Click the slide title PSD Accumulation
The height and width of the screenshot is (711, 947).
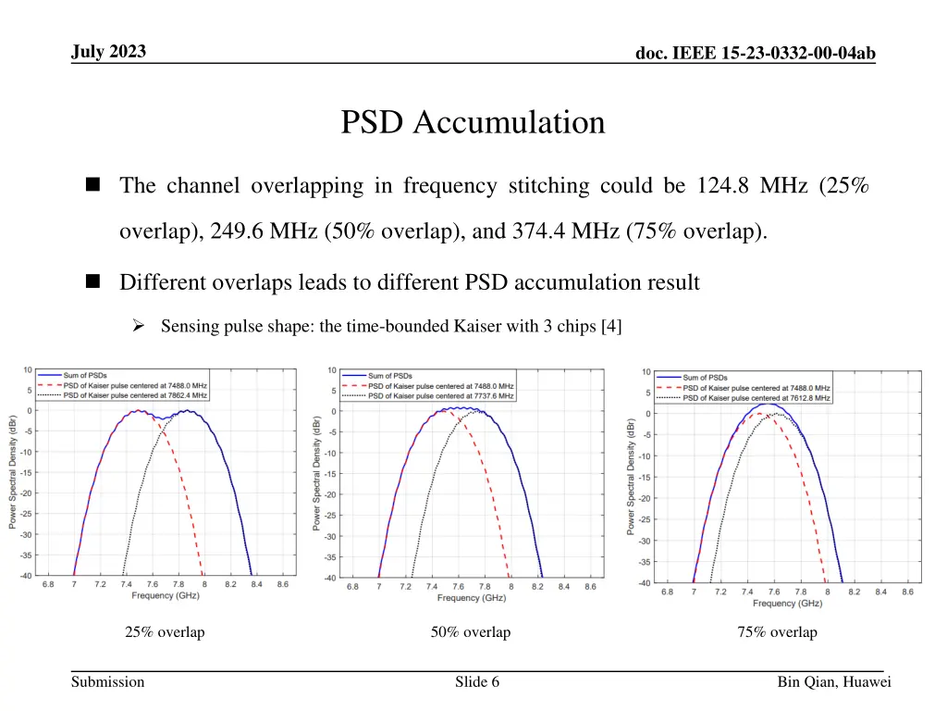pos(473,122)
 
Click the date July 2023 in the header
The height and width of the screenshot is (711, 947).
pos(108,52)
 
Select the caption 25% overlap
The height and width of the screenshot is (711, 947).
pos(165,632)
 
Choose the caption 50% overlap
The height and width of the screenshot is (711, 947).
pos(470,632)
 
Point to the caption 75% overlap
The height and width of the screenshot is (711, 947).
pos(777,632)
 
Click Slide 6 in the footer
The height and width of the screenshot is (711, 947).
pos(477,682)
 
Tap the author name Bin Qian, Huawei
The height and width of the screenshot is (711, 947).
pos(833,682)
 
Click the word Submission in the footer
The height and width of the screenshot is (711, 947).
pos(108,682)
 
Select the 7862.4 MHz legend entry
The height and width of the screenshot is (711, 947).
pos(135,395)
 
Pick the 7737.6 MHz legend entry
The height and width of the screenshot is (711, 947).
pos(440,396)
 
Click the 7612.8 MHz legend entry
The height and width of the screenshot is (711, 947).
pos(756,398)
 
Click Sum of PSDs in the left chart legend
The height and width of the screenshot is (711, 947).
pos(86,375)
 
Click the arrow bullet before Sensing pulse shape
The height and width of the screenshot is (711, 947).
pos(138,326)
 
